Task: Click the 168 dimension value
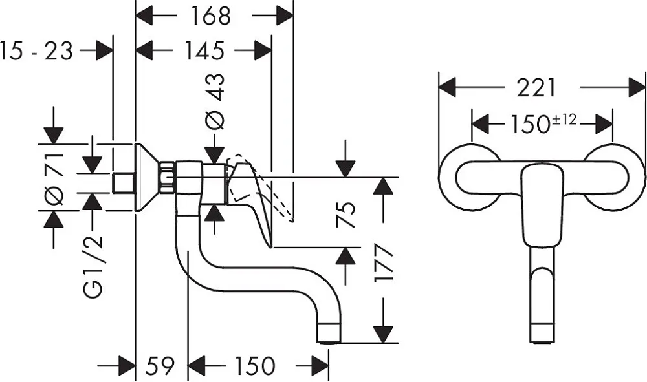click(210, 17)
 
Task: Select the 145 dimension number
click(204, 51)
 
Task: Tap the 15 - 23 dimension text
click(36, 52)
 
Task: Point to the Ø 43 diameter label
click(215, 101)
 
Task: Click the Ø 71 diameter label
click(54, 178)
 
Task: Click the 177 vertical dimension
click(383, 263)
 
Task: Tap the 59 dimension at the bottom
click(160, 365)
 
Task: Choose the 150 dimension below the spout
click(254, 365)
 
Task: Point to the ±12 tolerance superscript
click(564, 120)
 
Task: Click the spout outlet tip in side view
click(329, 333)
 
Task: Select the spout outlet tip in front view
click(542, 333)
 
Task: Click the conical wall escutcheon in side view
click(148, 178)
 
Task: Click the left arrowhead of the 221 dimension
click(447, 87)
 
